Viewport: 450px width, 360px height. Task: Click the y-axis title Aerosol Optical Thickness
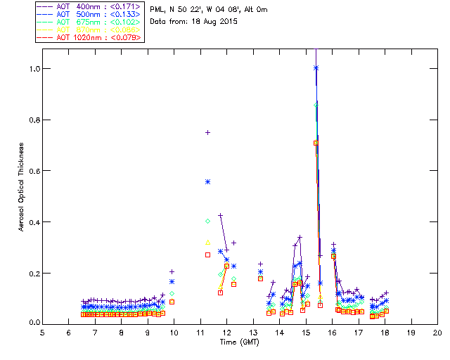pyautogui.click(x=22, y=183)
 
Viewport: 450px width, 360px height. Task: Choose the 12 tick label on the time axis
pyautogui.click(x=226, y=331)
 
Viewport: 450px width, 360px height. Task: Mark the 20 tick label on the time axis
pyautogui.click(x=437, y=331)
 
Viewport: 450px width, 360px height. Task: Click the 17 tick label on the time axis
pyautogui.click(x=358, y=331)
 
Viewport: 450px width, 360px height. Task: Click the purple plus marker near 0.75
pyautogui.click(x=207, y=132)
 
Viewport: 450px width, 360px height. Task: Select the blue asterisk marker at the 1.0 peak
pyautogui.click(x=316, y=67)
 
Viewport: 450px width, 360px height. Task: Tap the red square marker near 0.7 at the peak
pyautogui.click(x=316, y=143)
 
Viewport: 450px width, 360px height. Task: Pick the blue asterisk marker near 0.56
pyautogui.click(x=207, y=181)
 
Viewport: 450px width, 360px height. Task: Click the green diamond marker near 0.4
pyautogui.click(x=207, y=221)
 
